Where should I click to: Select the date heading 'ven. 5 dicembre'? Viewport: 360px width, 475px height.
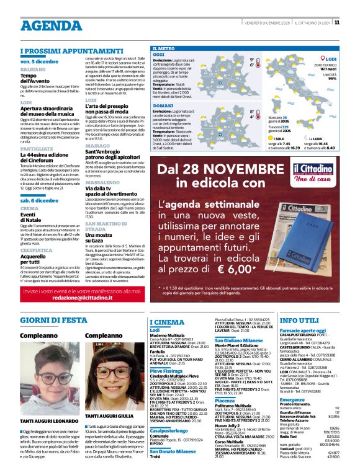[40, 62]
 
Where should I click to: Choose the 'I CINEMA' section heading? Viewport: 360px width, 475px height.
[168, 322]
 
